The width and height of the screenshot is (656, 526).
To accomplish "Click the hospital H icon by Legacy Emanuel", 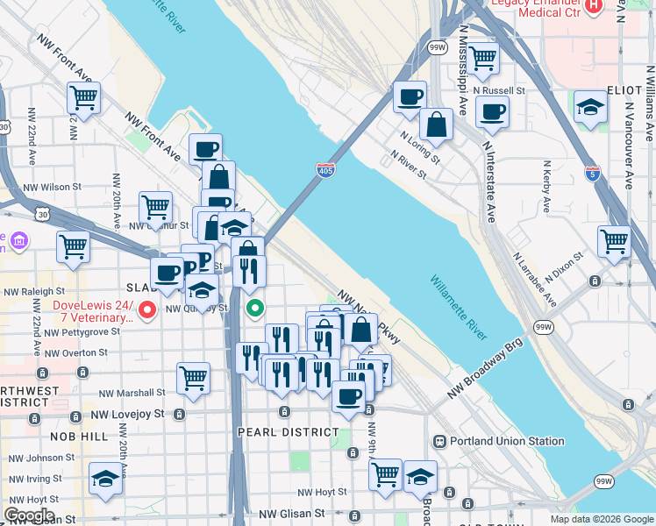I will click(x=594, y=6).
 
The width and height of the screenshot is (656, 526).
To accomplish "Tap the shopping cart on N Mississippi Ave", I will click(x=481, y=58).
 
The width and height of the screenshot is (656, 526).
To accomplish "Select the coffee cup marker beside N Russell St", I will click(x=492, y=111).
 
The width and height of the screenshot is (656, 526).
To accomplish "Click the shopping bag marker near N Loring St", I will click(x=436, y=124).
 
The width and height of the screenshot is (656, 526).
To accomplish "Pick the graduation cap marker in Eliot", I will click(x=590, y=106).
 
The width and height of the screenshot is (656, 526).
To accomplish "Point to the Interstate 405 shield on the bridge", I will click(x=324, y=171).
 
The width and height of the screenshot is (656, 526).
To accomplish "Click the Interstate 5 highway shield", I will click(x=592, y=173).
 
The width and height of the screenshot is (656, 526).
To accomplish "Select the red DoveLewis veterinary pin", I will click(x=148, y=309).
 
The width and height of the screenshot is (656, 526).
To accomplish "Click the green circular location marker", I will click(x=255, y=308).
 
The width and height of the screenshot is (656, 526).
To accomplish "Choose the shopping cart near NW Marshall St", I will click(x=193, y=378).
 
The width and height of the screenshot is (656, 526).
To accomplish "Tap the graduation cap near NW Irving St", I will click(x=105, y=478).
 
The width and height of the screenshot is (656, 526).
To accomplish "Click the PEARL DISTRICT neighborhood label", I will click(x=289, y=432).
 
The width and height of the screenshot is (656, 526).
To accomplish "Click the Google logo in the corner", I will click(x=29, y=515).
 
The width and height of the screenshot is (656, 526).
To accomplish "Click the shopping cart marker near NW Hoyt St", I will click(x=385, y=474).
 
